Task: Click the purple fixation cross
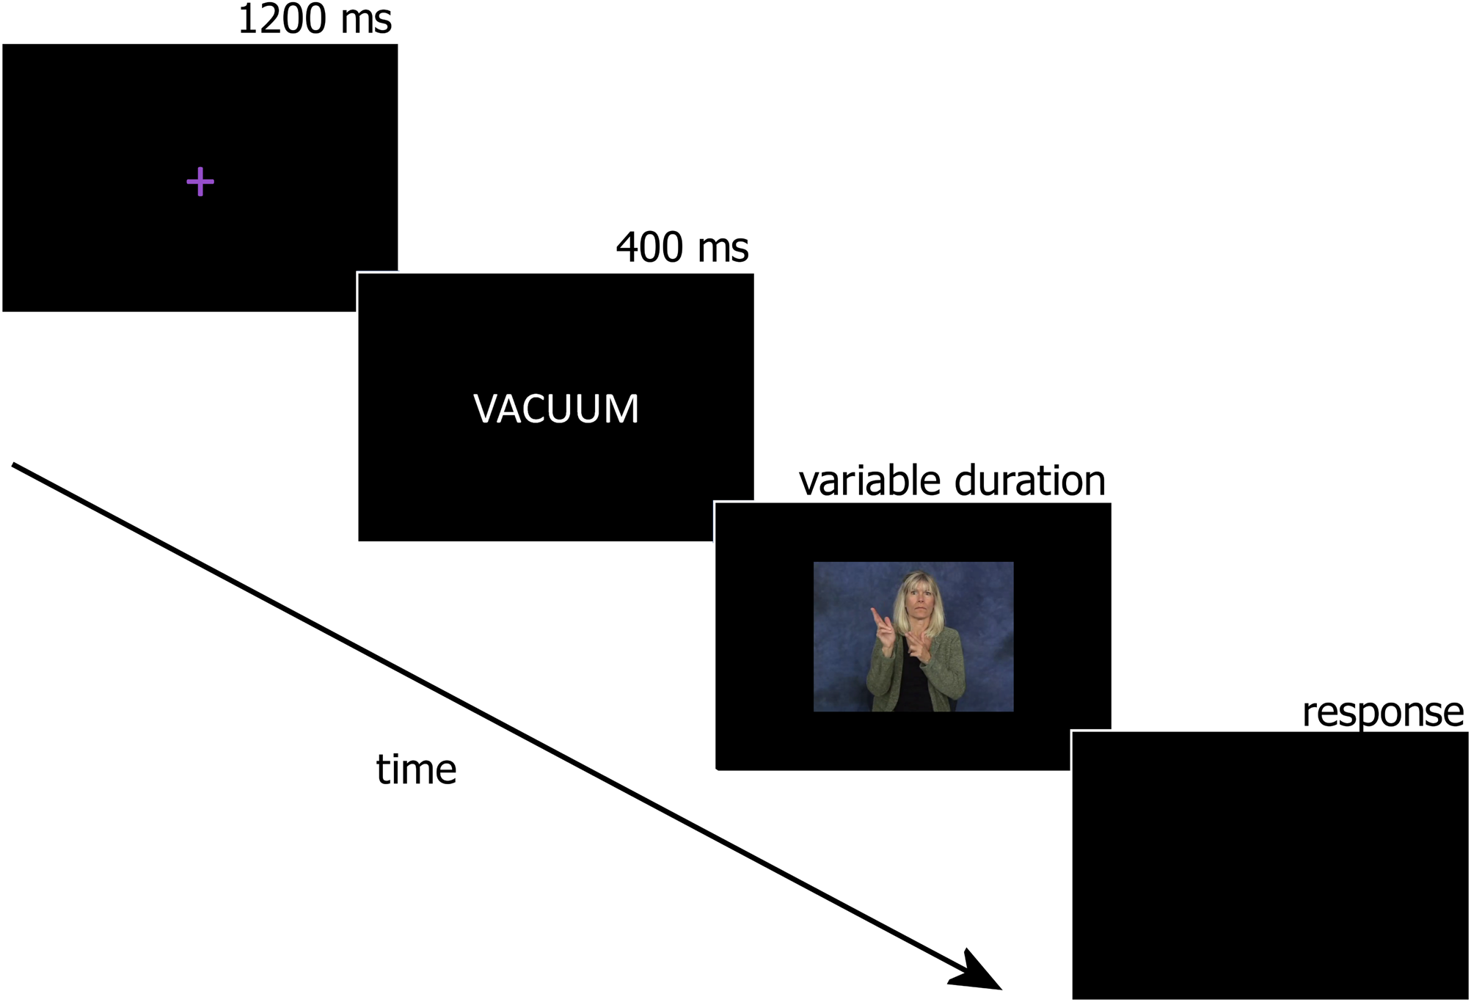coord(200,182)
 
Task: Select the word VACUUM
coord(556,409)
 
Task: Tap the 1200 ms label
coord(315,19)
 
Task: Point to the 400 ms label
coord(682,247)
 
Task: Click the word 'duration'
coord(1030,480)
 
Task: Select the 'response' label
coord(1383,712)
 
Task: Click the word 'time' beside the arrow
coord(416,769)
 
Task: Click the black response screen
coord(1270,865)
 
